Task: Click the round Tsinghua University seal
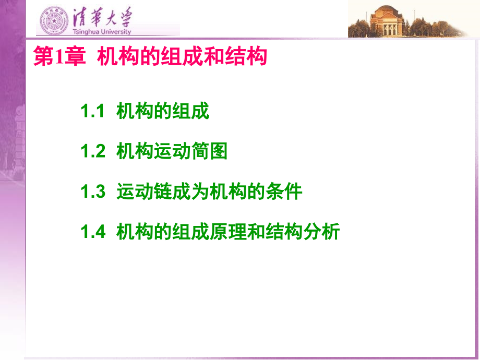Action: [54, 20]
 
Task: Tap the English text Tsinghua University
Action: [102, 31]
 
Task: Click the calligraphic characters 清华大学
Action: [102, 17]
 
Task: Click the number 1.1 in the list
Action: [93, 111]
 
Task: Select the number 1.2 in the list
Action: [93, 151]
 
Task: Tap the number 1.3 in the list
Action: [93, 191]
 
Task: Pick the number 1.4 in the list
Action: [93, 232]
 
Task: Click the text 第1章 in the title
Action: [59, 56]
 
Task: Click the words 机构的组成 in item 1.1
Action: [163, 111]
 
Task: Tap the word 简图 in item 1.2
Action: [209, 151]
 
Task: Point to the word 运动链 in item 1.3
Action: [144, 191]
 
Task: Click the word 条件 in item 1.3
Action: [284, 191]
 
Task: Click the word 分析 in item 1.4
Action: [321, 232]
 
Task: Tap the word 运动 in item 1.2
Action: [172, 151]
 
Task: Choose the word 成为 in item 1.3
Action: [191, 191]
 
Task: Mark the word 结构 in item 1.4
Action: [284, 232]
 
